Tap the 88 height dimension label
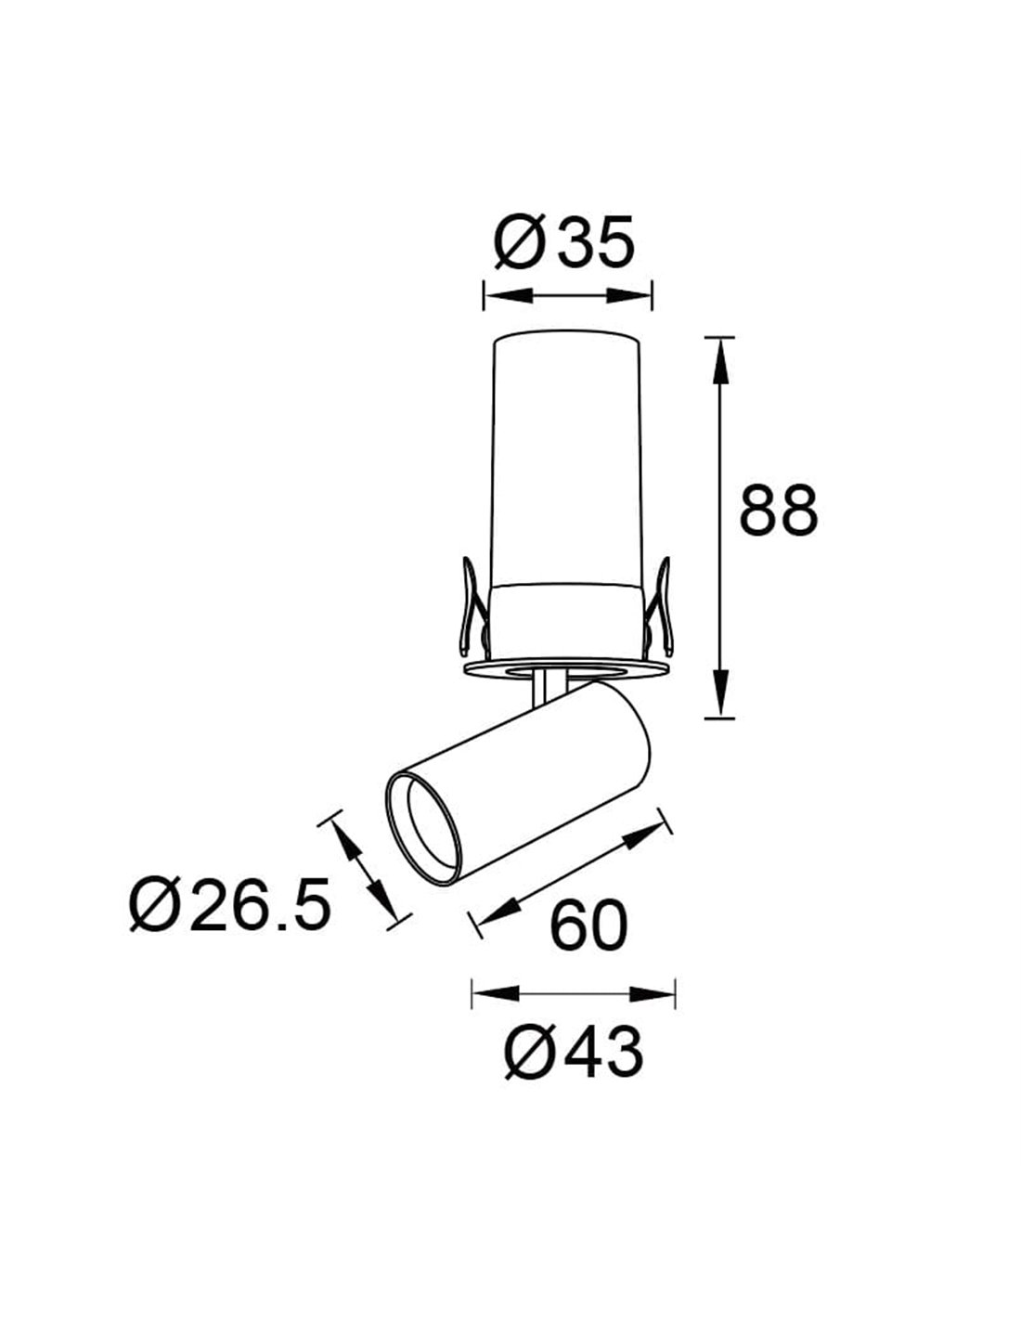point(779,508)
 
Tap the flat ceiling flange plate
point(566,668)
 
